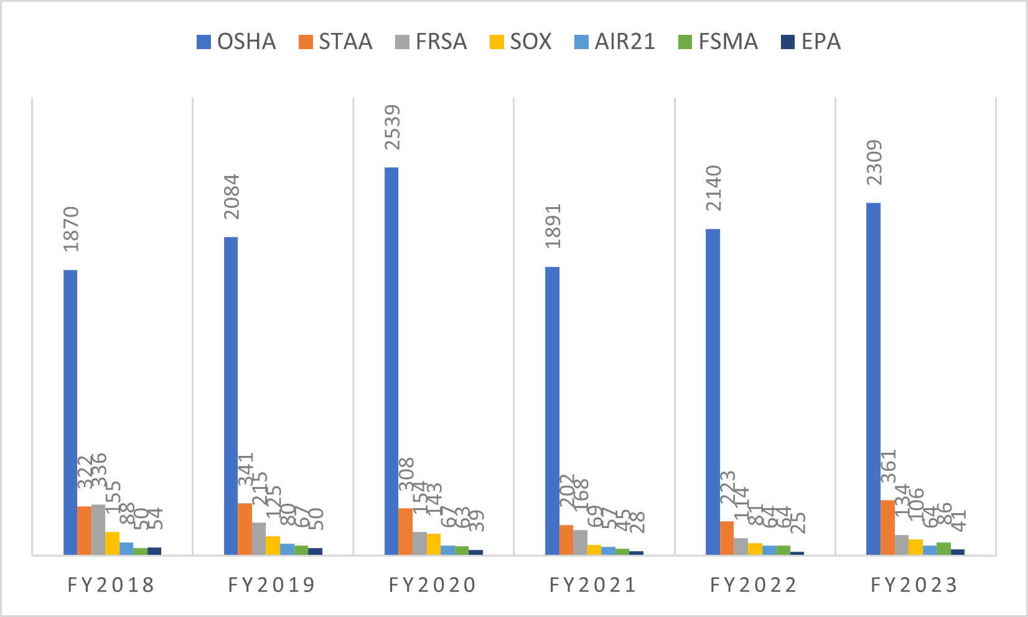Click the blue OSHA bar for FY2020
pyautogui.click(x=391, y=361)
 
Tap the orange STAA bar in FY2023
pyautogui.click(x=887, y=527)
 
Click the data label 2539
pyautogui.click(x=392, y=128)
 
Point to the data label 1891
pyautogui.click(x=553, y=226)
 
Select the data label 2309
pyautogui.click(x=874, y=162)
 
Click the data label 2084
pyautogui.click(x=231, y=197)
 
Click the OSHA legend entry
pyautogui.click(x=236, y=42)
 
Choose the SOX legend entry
pyautogui.click(x=520, y=42)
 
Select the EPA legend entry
pyautogui.click(x=810, y=42)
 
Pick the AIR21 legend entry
pyautogui.click(x=614, y=42)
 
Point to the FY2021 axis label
pyautogui.click(x=593, y=585)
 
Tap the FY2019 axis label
pyautogui.click(x=272, y=585)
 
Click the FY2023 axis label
pyautogui.click(x=914, y=585)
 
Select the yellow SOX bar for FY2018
pyautogui.click(x=113, y=543)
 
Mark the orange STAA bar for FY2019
pyautogui.click(x=245, y=529)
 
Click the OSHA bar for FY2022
pyautogui.click(x=713, y=392)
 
